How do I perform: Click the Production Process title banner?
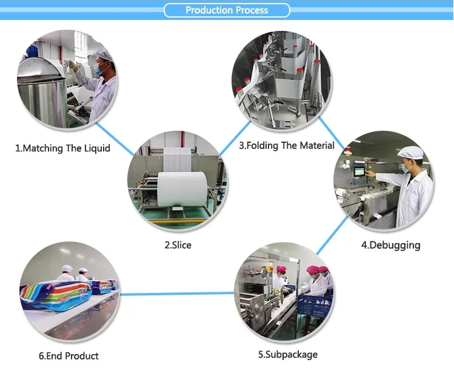227,10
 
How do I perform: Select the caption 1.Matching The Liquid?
62,148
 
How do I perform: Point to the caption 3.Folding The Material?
287,145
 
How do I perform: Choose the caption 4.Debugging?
390,245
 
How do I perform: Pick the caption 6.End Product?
68,355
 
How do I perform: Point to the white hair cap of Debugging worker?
409,153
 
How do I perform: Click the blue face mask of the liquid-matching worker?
96,70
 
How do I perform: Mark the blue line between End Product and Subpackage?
176,294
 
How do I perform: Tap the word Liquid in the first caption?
96,148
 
